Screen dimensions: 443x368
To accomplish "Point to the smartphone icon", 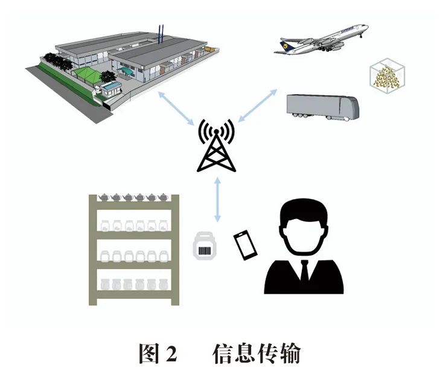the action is [x=244, y=245].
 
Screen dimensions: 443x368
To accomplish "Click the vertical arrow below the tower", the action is [x=217, y=199].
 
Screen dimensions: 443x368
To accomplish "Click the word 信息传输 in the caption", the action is [x=256, y=352].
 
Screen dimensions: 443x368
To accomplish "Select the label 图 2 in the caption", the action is [x=157, y=352].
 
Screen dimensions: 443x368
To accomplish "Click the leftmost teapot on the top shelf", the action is [x=103, y=197].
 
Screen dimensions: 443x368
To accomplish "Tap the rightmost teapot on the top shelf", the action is [x=164, y=197].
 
